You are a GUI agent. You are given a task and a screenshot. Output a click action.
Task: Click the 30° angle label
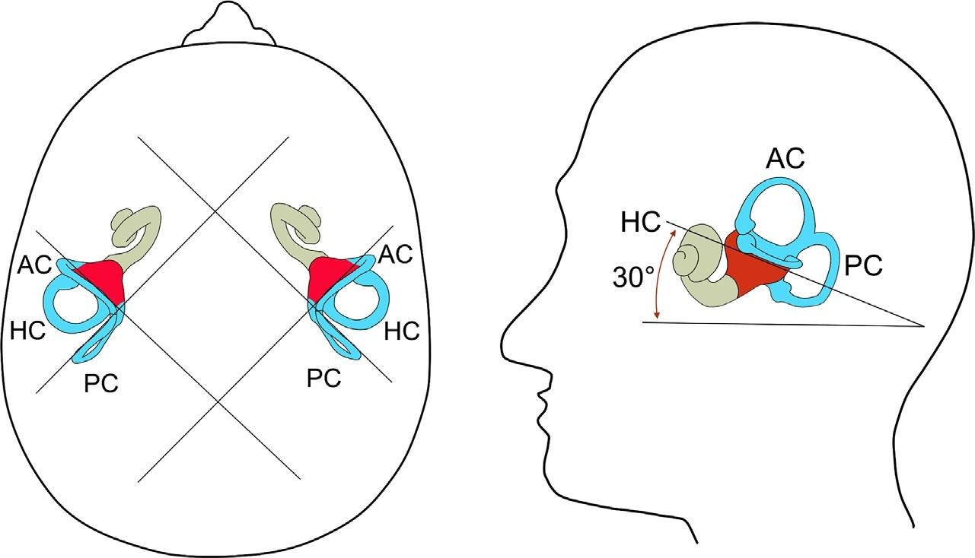[633, 278]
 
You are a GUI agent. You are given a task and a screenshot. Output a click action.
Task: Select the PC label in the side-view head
[863, 265]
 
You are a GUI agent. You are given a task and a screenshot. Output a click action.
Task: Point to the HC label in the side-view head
[640, 222]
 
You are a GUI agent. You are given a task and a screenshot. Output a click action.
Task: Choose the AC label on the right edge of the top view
[395, 255]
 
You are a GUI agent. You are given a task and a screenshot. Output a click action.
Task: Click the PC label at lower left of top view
[101, 384]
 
